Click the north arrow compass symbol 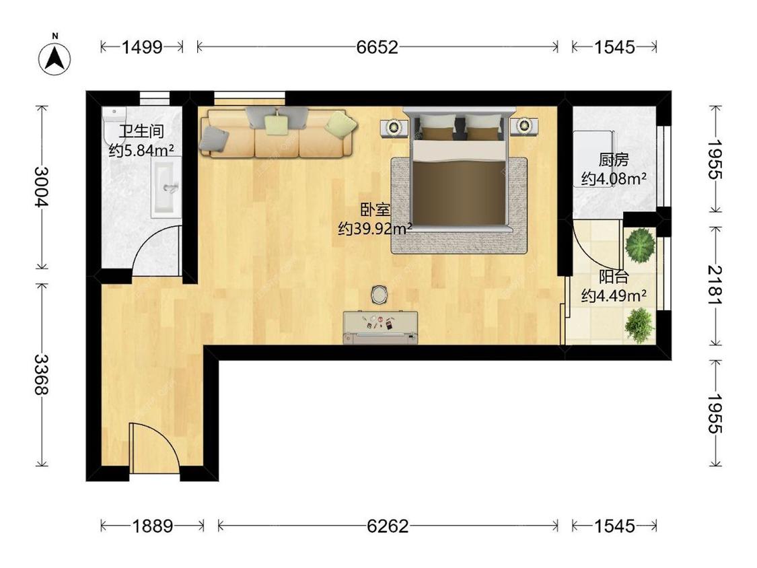tap(55, 57)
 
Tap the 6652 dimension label tap(377, 47)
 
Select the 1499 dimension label tap(141, 47)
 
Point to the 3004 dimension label tap(42, 186)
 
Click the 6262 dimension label tap(388, 526)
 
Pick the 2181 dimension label tap(715, 285)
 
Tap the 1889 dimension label tap(153, 526)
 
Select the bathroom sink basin tap(166, 188)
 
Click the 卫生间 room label tap(141, 131)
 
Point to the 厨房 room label tap(614, 159)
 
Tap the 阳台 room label tap(614, 277)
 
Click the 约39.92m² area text tap(375, 228)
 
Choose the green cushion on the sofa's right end tap(341, 124)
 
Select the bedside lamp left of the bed tap(394, 127)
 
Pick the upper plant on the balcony tap(640, 246)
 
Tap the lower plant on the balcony tap(639, 325)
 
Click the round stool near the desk tap(380, 294)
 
